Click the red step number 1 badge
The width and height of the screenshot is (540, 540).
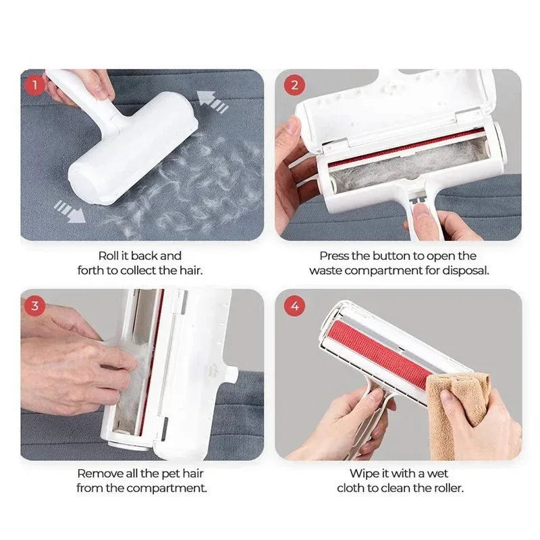click(34, 85)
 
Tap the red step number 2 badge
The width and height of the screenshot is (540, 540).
click(294, 85)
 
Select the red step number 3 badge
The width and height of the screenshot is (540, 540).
click(34, 305)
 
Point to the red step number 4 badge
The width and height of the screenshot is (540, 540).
click(294, 305)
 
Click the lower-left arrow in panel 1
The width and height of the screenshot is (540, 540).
click(70, 211)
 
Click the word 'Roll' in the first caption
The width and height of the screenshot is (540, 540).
click(109, 256)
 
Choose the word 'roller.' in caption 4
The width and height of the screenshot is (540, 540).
click(446, 488)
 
